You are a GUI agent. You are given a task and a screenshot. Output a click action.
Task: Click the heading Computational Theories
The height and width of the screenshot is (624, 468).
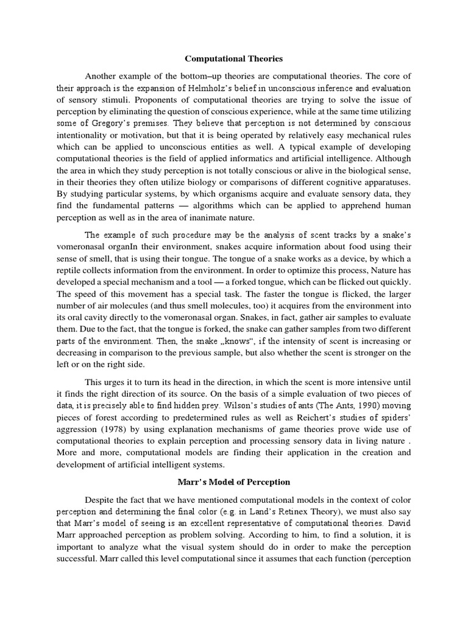pos(234,59)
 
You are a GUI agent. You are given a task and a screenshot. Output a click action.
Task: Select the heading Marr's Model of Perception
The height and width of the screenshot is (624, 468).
pos(234,481)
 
